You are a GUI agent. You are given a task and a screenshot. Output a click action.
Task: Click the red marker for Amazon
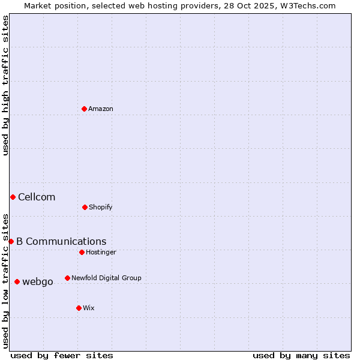[84, 109]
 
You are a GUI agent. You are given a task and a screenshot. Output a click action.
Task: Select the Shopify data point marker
[85, 207]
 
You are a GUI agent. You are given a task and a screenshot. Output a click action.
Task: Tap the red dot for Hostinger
[82, 252]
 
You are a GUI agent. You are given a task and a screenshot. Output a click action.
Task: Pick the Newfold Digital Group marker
[67, 278]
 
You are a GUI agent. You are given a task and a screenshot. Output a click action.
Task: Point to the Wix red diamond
[79, 308]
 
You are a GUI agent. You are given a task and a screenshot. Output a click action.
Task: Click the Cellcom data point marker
[13, 197]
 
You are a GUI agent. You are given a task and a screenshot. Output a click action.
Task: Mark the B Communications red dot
[11, 241]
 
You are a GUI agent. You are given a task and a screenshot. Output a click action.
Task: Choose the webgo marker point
[17, 281]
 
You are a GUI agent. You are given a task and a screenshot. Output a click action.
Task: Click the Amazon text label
[101, 109]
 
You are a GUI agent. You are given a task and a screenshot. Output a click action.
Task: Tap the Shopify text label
[101, 208]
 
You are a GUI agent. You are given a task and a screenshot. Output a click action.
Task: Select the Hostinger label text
[101, 253]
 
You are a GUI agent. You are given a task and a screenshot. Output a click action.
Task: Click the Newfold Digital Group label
[106, 278]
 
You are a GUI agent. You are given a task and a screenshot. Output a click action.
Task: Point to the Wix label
[89, 308]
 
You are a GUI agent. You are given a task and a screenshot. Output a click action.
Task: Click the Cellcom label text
[37, 197]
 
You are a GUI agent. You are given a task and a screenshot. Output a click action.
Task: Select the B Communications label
[61, 242]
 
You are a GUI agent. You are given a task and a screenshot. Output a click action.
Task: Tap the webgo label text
[38, 282]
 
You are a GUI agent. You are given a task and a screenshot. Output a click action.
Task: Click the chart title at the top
[180, 5]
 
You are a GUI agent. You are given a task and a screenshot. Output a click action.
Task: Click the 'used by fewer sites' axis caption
[62, 355]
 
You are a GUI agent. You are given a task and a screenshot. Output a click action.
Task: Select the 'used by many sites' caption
[301, 355]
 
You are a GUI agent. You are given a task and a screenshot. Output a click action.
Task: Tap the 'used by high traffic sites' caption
[5, 85]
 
